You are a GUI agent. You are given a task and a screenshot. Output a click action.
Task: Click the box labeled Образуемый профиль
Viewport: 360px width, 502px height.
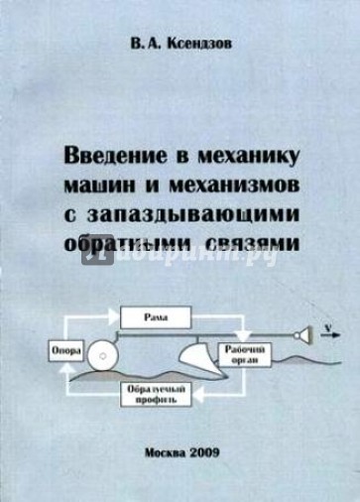(154, 399)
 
